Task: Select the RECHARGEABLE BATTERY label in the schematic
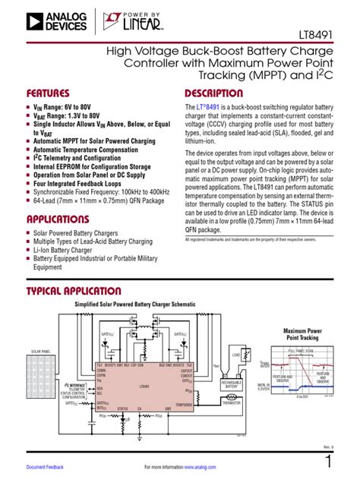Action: coord(232,386)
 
